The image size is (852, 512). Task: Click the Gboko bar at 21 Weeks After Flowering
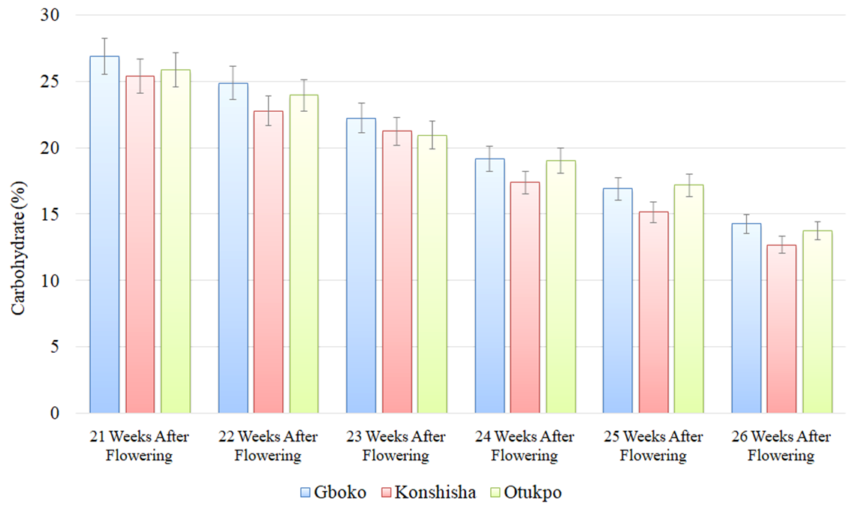(x=104, y=234)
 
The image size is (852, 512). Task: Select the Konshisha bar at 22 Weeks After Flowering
(x=268, y=262)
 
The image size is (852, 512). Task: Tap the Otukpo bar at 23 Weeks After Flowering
(x=432, y=274)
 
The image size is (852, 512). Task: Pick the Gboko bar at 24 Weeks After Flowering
(x=489, y=285)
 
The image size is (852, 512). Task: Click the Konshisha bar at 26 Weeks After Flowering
(x=781, y=329)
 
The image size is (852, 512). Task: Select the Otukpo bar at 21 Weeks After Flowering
(x=176, y=241)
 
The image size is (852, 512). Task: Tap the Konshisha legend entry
(x=428, y=492)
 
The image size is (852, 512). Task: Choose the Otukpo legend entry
(x=526, y=492)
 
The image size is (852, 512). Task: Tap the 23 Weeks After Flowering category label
(x=396, y=446)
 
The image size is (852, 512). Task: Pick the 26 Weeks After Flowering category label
(x=781, y=446)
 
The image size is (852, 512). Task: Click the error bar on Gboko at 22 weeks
(x=233, y=83)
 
